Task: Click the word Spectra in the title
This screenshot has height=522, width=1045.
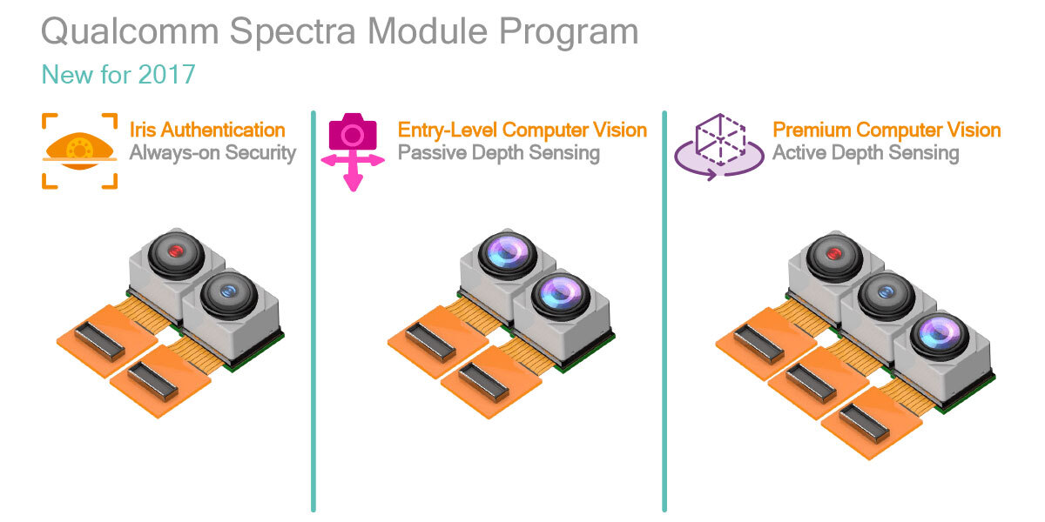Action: (292, 33)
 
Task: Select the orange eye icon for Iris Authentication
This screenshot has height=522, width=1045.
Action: (79, 150)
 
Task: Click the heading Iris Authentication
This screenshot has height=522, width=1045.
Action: (207, 130)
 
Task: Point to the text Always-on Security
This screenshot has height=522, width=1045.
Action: (212, 154)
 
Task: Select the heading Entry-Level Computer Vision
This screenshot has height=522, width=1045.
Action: (522, 130)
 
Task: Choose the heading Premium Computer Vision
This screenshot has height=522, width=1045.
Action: (887, 130)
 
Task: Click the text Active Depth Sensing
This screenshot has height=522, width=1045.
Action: (866, 154)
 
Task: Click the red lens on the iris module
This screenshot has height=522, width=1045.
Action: (176, 251)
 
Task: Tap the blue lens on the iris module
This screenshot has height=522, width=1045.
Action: (228, 293)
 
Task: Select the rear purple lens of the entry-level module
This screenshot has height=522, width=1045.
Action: (507, 253)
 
